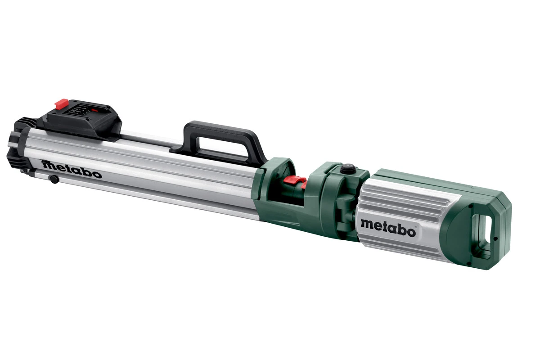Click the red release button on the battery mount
pos(61,104)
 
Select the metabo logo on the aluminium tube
pos(72,169)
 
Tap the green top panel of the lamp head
pos(432,180)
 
